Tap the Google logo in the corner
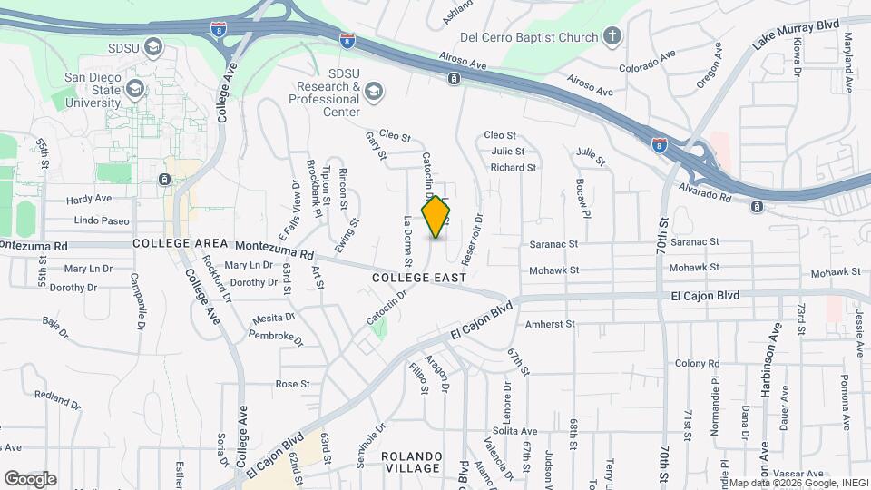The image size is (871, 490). pyautogui.click(x=30, y=478)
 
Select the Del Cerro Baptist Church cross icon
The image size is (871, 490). pyautogui.click(x=612, y=37)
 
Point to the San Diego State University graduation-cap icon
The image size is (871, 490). pyautogui.click(x=136, y=88)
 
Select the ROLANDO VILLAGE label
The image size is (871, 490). pyautogui.click(x=410, y=461)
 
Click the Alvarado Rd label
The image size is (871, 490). pyautogui.click(x=704, y=193)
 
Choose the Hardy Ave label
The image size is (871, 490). pyautogui.click(x=89, y=199)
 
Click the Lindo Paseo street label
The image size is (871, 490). pyautogui.click(x=102, y=221)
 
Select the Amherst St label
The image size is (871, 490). pyautogui.click(x=551, y=323)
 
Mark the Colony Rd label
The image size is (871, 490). pyautogui.click(x=697, y=363)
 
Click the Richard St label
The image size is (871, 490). pyautogui.click(x=514, y=168)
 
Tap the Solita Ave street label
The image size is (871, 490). pyautogui.click(x=515, y=431)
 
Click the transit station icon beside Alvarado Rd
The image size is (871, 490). pyautogui.click(x=756, y=207)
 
